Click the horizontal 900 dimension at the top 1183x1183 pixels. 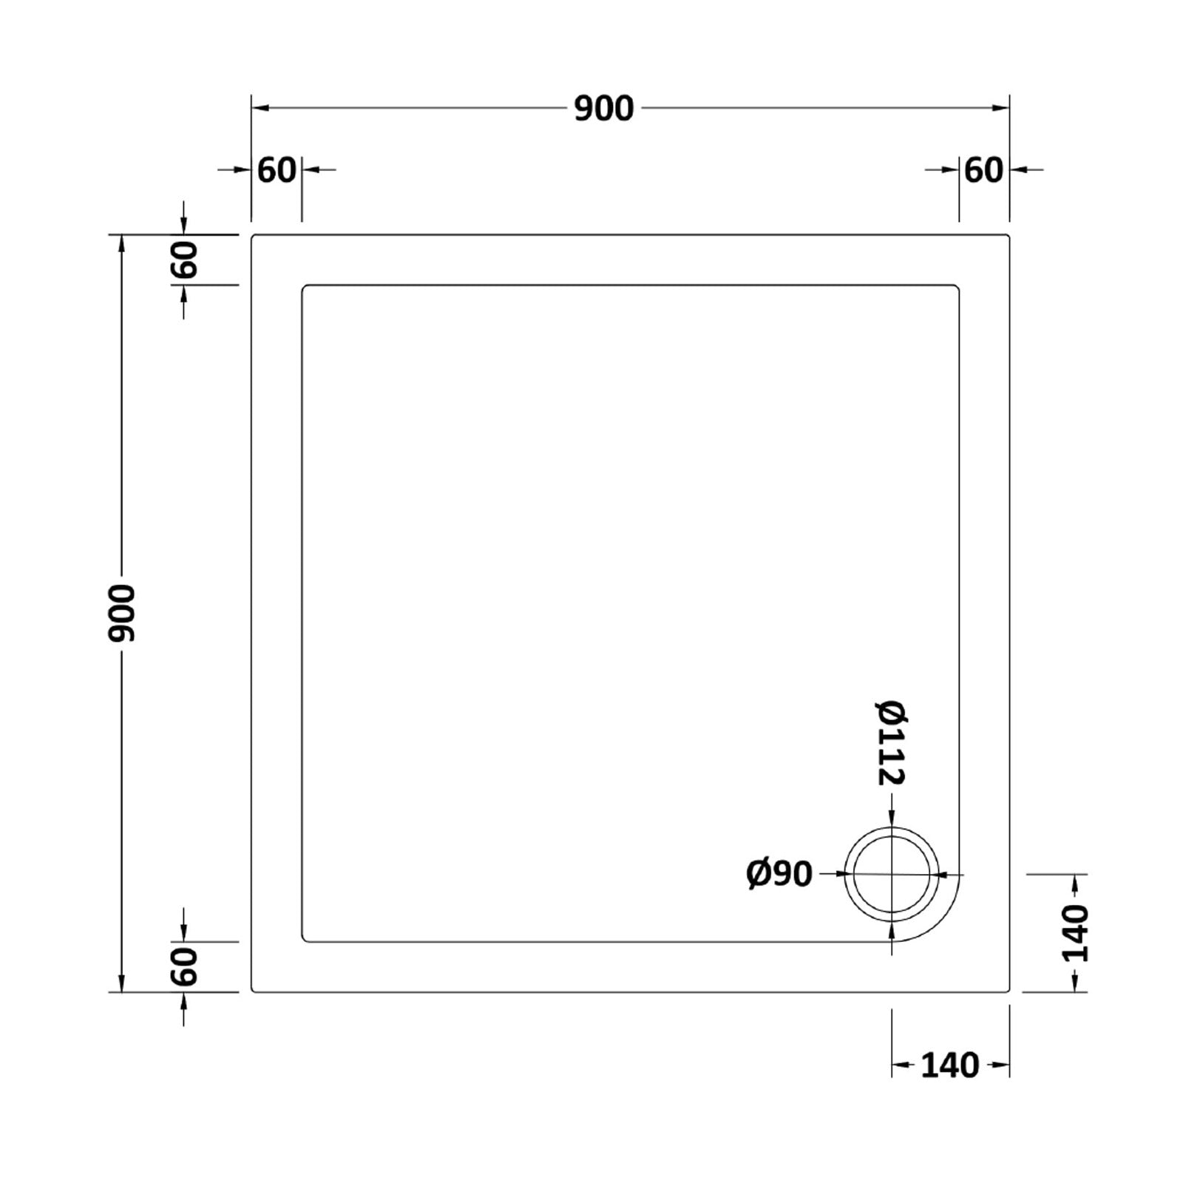(x=604, y=109)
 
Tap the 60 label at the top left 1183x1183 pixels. (x=277, y=171)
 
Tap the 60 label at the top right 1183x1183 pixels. (x=984, y=171)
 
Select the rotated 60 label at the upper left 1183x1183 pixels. (x=185, y=260)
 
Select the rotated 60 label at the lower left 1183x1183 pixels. (x=185, y=966)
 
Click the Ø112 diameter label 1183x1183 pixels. (x=892, y=742)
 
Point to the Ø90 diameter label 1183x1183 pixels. (x=779, y=875)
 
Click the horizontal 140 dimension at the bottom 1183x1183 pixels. (x=950, y=1065)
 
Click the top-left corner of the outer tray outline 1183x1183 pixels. (x=253, y=236)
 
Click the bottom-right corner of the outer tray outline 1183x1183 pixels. (x=1009, y=991)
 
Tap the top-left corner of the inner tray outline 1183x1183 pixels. (x=303, y=286)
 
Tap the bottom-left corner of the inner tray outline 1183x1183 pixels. (x=303, y=940)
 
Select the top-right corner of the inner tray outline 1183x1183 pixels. (x=958, y=286)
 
